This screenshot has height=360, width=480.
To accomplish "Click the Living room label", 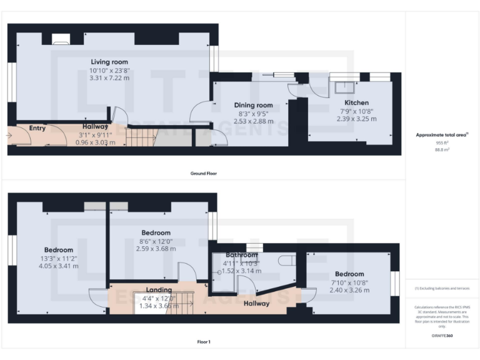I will pos(109,62).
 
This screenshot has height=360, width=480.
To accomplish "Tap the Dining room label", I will pos(253,105).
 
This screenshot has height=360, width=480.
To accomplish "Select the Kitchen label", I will pos(357,102).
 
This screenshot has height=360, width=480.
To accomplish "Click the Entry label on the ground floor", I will pos(37,128).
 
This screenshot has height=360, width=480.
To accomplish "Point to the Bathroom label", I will pos(241,255).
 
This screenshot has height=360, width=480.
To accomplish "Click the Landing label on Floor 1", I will pos(159,290).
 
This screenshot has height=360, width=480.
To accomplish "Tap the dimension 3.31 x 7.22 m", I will pos(109,78).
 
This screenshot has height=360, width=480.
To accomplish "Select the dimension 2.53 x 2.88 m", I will pos(253,121).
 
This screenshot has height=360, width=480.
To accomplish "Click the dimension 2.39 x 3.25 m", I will pos(357,118).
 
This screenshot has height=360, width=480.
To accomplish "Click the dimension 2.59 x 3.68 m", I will pos(156,249).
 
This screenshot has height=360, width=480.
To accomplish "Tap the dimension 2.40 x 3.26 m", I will pos(349,290).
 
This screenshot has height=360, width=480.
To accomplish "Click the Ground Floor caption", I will pos(203,173).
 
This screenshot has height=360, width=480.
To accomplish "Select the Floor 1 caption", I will pos(203,342).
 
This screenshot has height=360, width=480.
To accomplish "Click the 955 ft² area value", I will pos(441,142).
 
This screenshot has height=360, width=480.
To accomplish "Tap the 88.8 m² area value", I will pos(441,150).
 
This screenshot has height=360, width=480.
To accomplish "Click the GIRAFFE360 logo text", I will pos(441,336).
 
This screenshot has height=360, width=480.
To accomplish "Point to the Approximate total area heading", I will pos(441,134).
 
